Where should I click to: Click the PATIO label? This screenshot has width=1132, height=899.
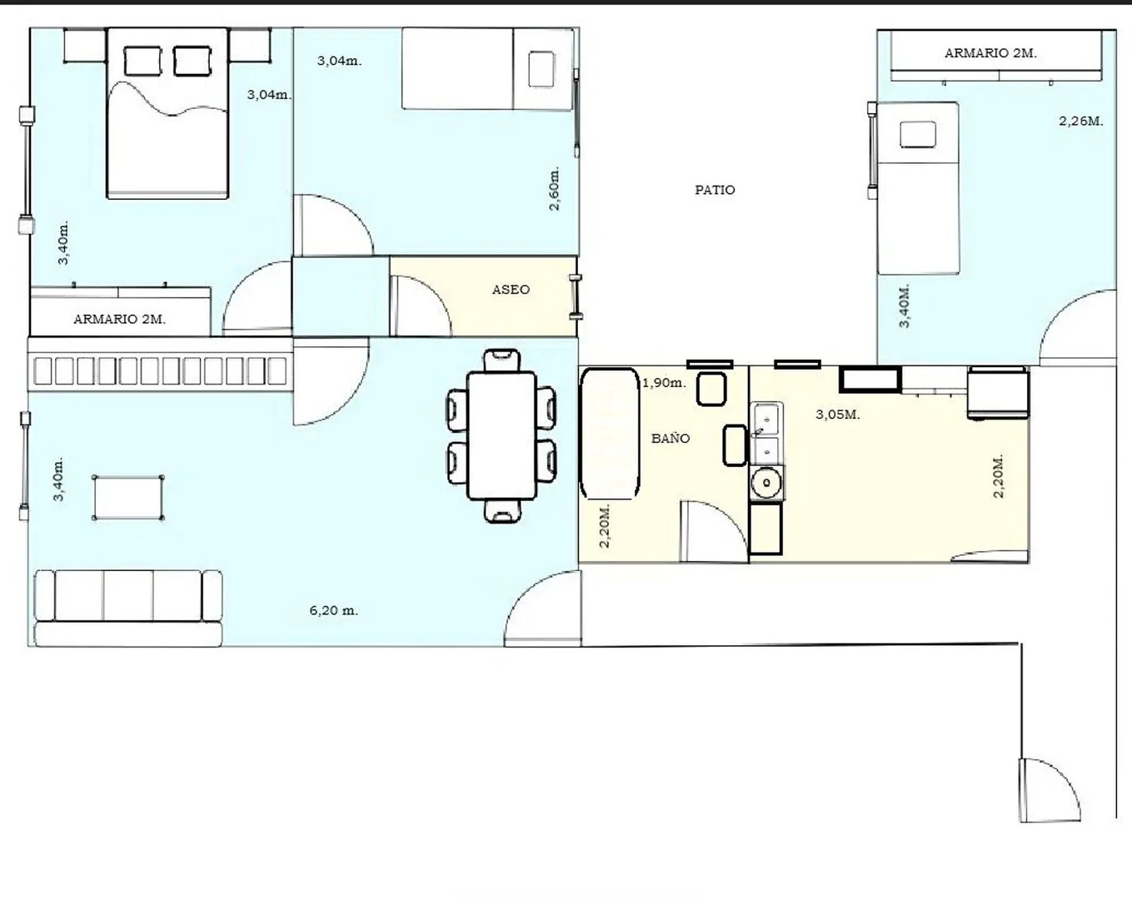(715, 190)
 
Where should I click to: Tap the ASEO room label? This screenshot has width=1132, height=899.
(511, 290)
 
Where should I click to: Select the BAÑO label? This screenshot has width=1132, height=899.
(671, 438)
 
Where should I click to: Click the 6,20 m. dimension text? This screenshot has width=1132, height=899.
(333, 610)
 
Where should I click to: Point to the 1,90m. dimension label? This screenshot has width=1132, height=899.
(664, 383)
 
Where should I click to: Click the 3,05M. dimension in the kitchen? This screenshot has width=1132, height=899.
(837, 415)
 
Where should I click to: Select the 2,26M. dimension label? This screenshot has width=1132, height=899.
(1081, 121)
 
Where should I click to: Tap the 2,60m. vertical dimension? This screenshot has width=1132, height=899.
(555, 189)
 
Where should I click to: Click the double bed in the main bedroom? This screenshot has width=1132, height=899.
(167, 113)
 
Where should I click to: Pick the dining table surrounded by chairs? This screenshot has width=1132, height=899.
(501, 436)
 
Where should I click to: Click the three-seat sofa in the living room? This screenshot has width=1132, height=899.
(127, 608)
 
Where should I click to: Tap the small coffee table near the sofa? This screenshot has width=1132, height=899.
(127, 497)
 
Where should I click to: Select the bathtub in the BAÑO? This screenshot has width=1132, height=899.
(610, 433)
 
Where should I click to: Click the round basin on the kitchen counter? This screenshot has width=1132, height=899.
(765, 482)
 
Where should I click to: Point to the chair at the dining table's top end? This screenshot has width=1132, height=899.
(501, 360)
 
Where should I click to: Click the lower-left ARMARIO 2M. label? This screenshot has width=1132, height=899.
(119, 319)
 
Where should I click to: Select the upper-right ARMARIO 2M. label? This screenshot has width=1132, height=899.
(990, 53)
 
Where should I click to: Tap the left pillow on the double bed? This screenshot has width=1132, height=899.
(142, 61)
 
